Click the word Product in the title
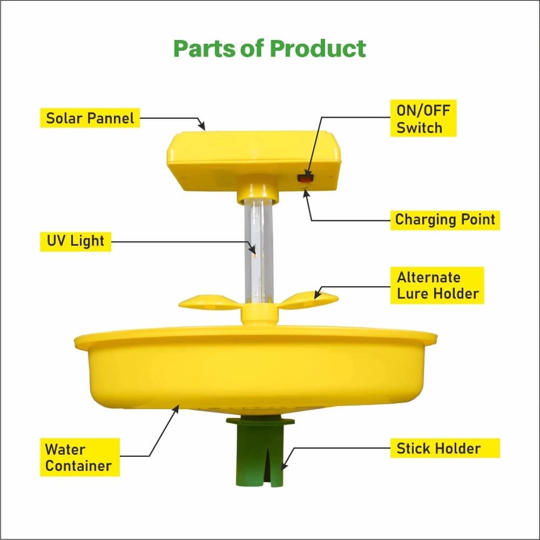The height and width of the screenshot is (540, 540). [318, 48]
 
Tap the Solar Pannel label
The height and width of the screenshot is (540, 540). [90, 118]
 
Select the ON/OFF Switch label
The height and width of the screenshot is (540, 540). [423, 119]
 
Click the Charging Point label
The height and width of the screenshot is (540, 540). [445, 220]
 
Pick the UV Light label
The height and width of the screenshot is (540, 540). [75, 241]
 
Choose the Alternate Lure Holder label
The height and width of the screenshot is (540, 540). [437, 285]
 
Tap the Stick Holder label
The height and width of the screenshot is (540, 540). [438, 448]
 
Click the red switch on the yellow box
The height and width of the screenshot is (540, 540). [306, 177]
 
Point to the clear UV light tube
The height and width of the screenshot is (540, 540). [259, 248]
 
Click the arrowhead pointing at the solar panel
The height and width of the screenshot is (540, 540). [202, 126]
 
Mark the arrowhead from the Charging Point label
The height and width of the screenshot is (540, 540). [306, 192]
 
